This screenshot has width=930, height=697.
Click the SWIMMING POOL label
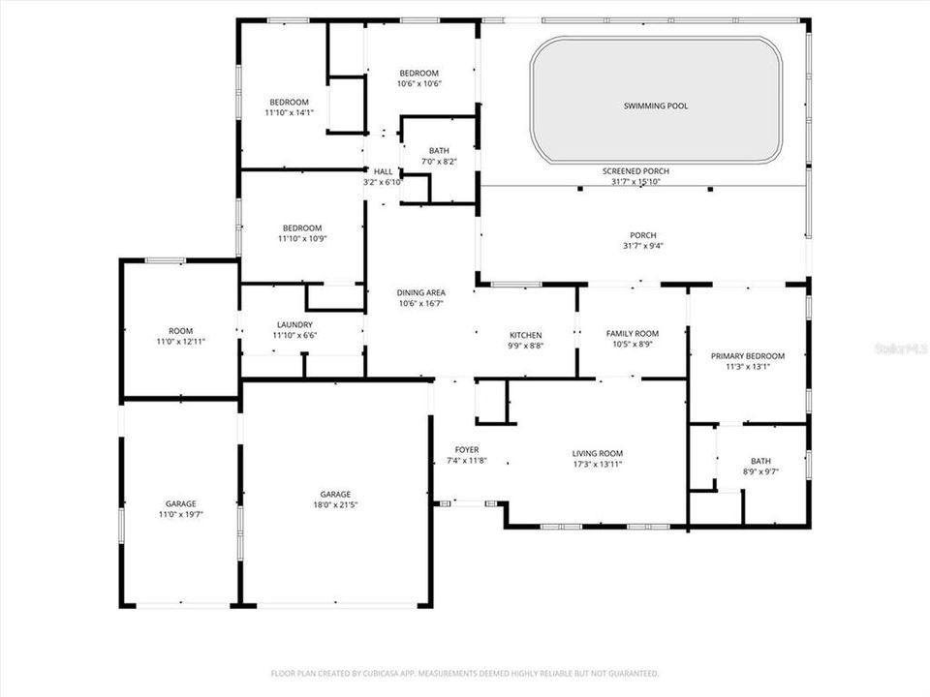click(x=656, y=106)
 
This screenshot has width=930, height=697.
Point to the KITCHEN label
click(x=525, y=335)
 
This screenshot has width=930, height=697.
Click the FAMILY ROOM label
click(x=632, y=333)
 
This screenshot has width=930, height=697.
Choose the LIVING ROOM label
click(x=598, y=453)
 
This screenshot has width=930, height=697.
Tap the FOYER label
click(x=467, y=450)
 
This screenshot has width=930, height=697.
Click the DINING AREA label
click(x=420, y=292)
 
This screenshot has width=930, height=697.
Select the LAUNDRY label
click(x=294, y=324)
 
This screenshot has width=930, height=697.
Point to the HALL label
click(x=383, y=171)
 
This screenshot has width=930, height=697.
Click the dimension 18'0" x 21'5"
click(x=336, y=504)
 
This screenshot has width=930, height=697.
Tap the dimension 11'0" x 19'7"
click(x=180, y=514)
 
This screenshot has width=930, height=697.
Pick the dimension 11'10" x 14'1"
click(x=289, y=113)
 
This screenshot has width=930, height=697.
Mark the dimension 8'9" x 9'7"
click(x=759, y=471)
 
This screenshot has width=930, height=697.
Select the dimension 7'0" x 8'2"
click(x=439, y=161)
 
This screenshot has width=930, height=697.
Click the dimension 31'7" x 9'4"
click(x=642, y=246)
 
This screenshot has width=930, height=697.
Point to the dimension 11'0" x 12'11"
click(x=180, y=341)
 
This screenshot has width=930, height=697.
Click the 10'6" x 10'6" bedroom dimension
click(x=419, y=83)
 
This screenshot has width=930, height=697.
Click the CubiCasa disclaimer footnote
click(x=465, y=672)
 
